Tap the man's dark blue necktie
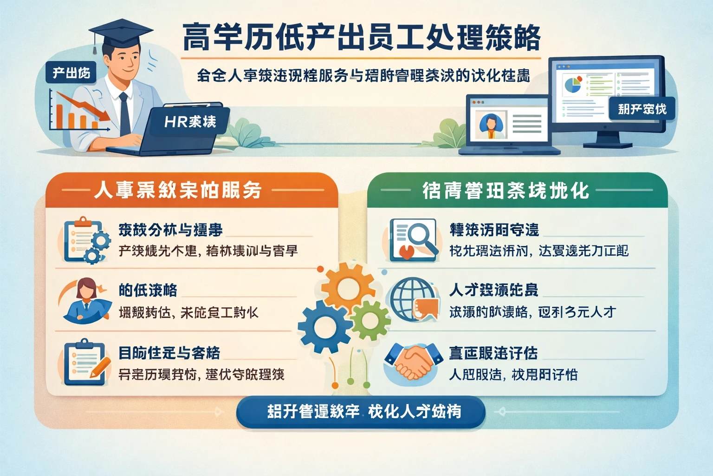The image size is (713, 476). [x=124, y=114]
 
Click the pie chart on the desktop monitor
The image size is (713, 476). [x=572, y=84]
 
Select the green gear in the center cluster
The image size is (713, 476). [x=370, y=320]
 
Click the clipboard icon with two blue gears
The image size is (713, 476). [x=86, y=239]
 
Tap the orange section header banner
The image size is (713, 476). [x=191, y=190]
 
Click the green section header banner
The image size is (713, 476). [x=517, y=190]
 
